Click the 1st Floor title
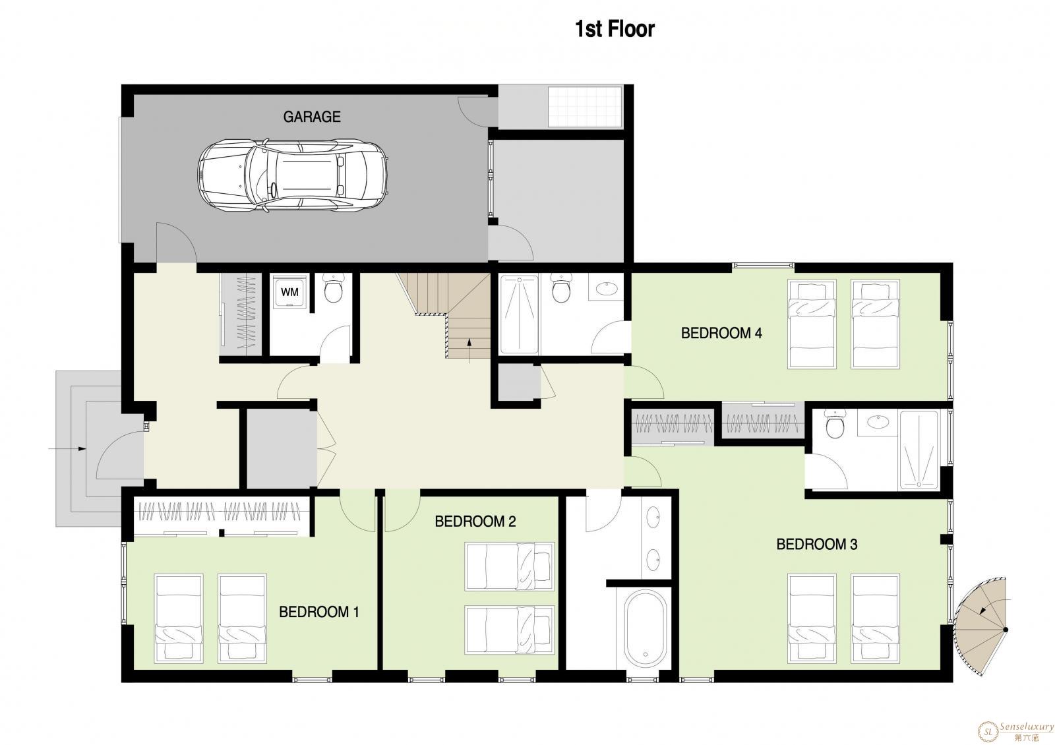point(615,29)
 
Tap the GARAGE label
point(312,117)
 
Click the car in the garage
point(293,175)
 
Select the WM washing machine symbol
point(289,292)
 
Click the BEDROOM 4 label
point(721,334)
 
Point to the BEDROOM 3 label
point(817,545)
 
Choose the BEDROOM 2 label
point(475,521)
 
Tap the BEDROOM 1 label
point(319,612)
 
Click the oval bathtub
point(646,628)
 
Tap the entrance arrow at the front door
point(67,449)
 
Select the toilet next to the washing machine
point(334,287)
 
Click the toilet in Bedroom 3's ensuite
point(835,423)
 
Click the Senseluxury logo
point(1017,730)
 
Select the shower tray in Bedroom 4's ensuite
point(519,314)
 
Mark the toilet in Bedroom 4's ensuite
point(561,287)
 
